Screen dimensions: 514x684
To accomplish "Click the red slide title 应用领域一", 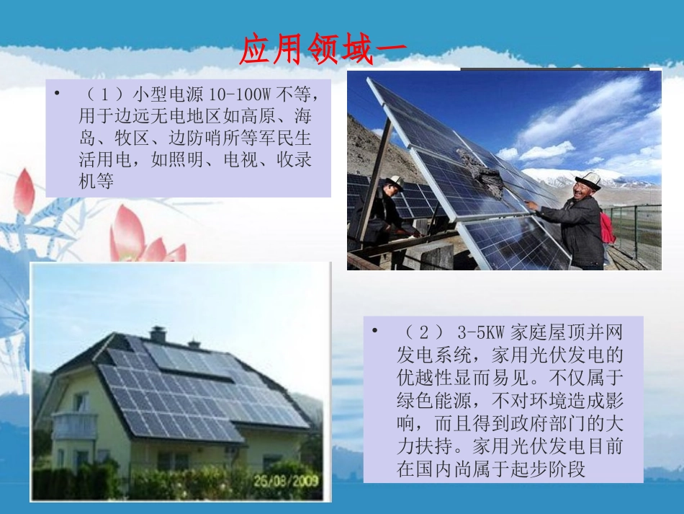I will tap(323, 50).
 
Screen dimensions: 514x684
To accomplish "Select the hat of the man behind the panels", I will tap(394, 181).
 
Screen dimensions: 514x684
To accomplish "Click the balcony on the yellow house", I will tap(75, 425).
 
